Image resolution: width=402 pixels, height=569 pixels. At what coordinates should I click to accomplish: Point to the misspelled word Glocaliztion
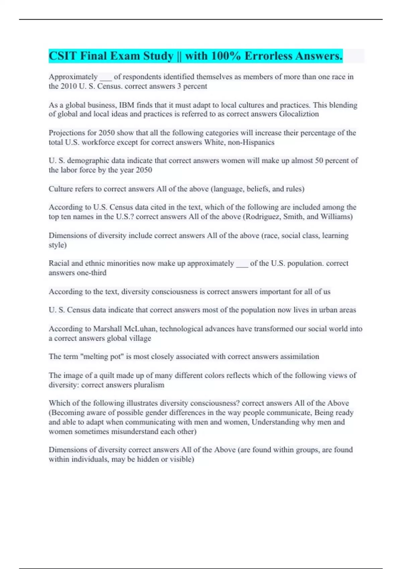point(299,114)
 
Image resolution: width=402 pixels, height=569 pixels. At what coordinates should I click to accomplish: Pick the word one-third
point(92,273)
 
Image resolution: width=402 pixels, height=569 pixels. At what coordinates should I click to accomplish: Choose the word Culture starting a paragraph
point(61,189)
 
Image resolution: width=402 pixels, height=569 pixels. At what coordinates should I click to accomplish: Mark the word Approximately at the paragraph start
point(73,77)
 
